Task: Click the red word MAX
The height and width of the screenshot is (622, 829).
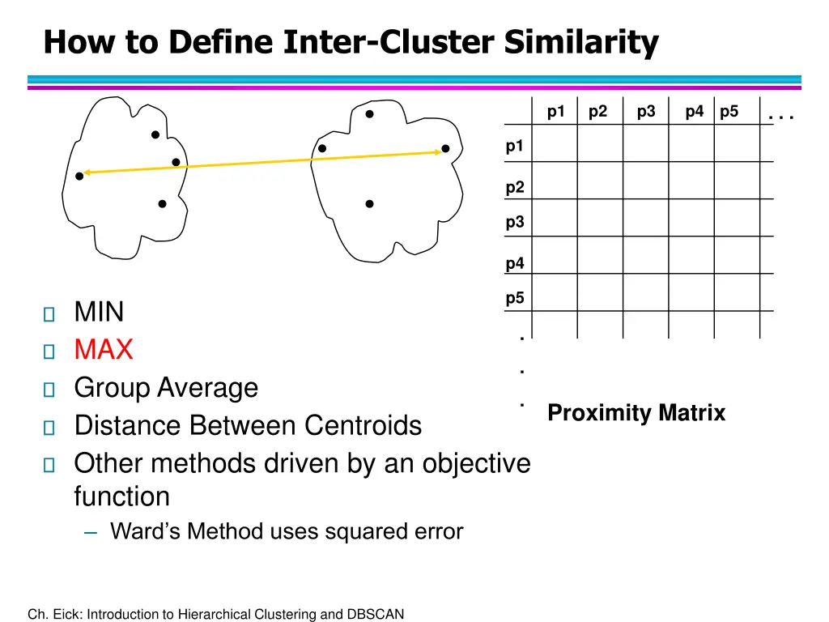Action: click(x=104, y=350)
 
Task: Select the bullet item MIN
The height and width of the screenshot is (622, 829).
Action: click(x=99, y=312)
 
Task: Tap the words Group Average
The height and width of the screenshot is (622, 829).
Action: click(x=166, y=388)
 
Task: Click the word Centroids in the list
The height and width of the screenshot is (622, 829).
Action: click(x=363, y=425)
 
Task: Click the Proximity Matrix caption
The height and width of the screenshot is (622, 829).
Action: click(x=636, y=413)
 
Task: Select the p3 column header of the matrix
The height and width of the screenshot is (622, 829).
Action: click(x=646, y=112)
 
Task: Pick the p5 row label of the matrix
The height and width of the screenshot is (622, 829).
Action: click(x=515, y=298)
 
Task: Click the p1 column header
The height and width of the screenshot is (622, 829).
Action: click(x=556, y=112)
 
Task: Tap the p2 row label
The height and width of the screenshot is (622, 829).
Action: click(x=515, y=187)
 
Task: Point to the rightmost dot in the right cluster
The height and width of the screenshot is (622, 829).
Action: click(x=445, y=149)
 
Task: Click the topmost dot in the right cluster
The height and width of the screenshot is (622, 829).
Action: click(x=369, y=114)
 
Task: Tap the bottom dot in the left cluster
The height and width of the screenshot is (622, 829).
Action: click(x=162, y=204)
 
